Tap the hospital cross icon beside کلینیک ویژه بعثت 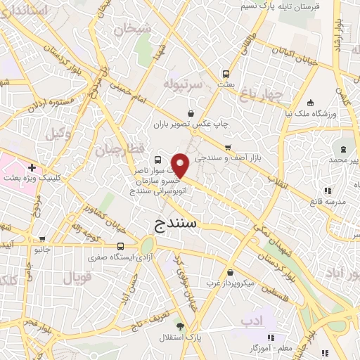click(32, 167)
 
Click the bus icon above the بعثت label click(226, 73)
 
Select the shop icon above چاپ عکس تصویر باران click(191, 113)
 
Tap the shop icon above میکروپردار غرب click(231, 273)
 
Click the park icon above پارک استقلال click(180, 326)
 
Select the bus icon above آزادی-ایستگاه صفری click(121, 246)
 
